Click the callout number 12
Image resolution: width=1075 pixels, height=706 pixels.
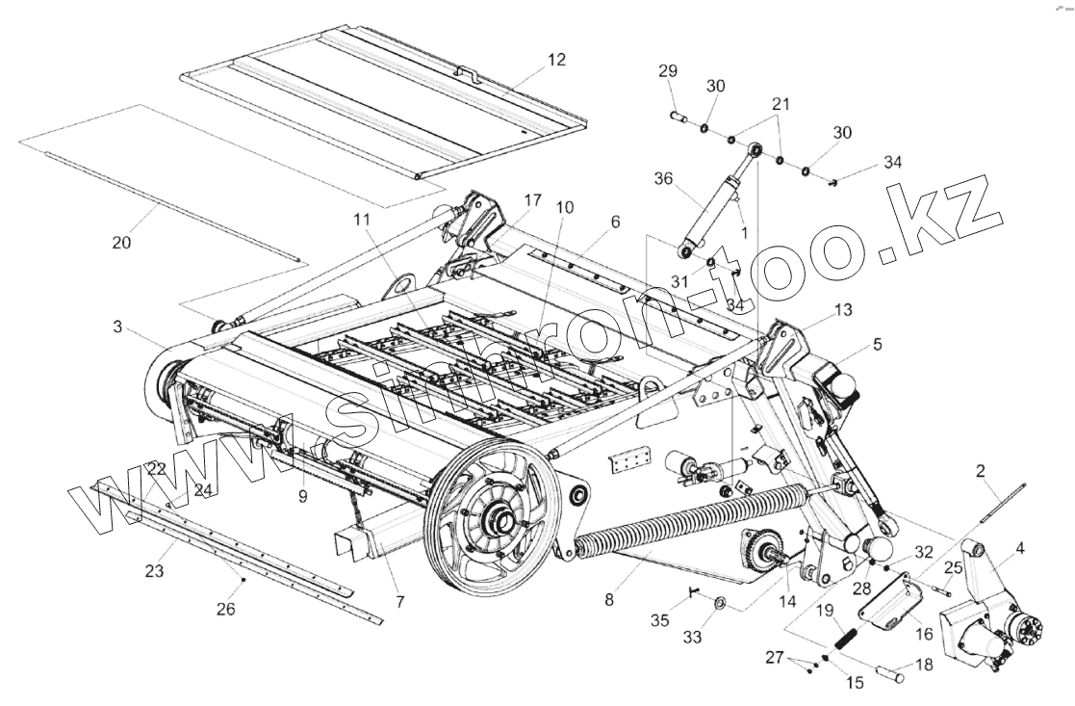pos(557,60)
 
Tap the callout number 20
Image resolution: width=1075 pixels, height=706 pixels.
pos(121,243)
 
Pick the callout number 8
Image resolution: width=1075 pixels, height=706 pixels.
pos(608,598)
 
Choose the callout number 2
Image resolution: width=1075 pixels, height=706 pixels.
pos(981,471)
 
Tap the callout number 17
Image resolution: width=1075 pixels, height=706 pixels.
pos(532,200)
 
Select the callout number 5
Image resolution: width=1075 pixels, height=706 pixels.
pos(877,343)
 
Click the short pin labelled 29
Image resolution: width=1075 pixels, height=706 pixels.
pos(678,117)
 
